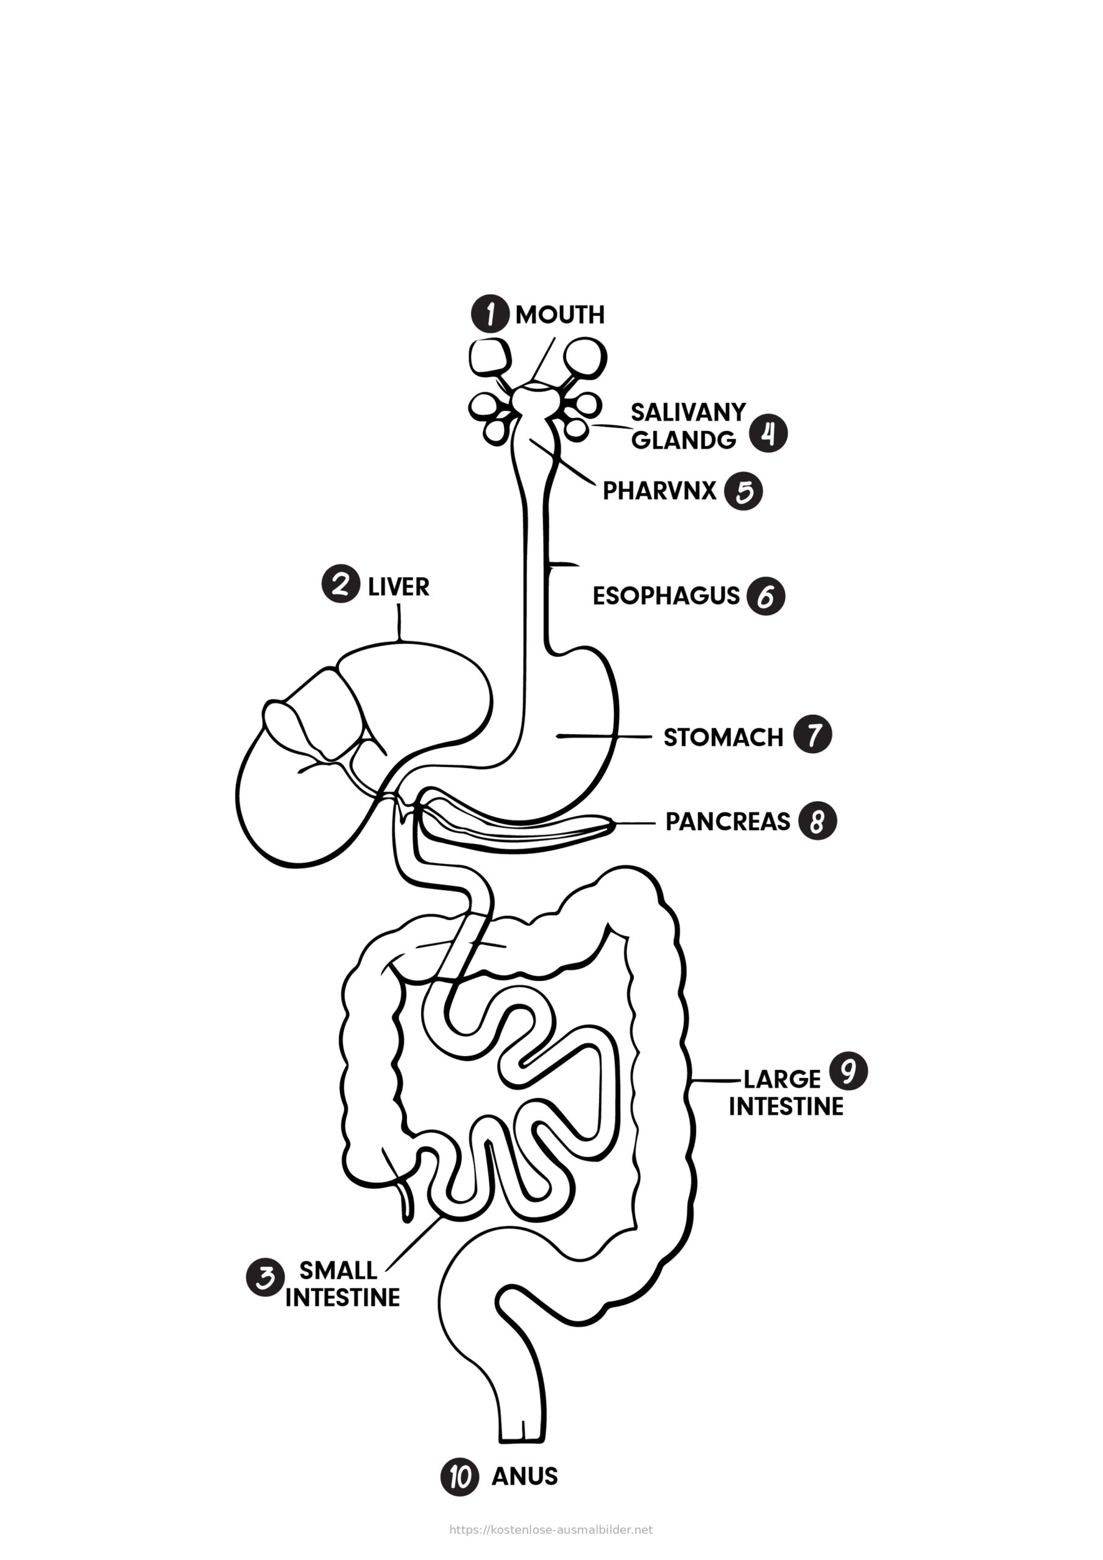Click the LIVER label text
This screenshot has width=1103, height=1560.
point(399,587)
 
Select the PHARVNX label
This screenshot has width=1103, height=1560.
point(659,491)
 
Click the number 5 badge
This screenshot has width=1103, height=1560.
point(743,491)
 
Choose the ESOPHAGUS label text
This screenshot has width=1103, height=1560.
point(665,596)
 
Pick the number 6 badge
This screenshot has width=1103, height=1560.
point(766,597)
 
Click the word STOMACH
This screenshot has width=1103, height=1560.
point(723,737)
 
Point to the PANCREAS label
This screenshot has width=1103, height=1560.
point(727,821)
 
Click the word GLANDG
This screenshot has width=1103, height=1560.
point(684,441)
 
